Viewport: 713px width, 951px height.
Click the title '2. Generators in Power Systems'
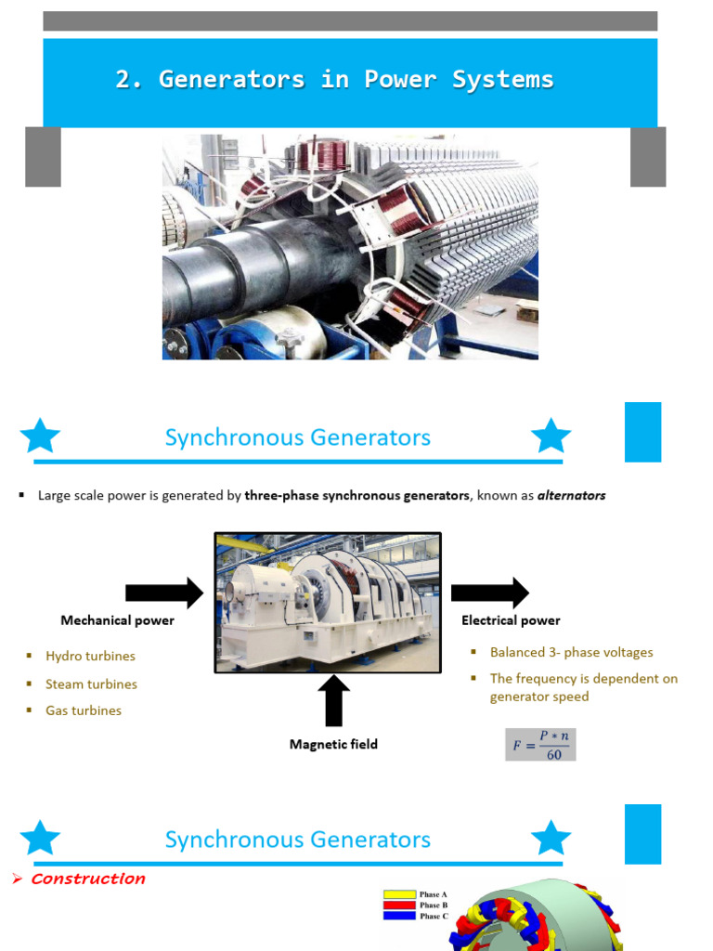click(x=334, y=80)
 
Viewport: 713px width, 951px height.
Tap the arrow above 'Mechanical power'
click(x=163, y=593)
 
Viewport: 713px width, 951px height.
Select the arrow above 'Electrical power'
click(x=489, y=593)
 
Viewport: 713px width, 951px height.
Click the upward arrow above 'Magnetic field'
click(x=333, y=700)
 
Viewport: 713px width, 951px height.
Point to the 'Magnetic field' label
click(x=333, y=744)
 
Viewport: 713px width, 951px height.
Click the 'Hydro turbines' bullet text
click(x=90, y=657)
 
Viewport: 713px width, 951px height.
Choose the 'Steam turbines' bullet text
click(x=91, y=684)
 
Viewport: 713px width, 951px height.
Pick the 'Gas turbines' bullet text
click(x=84, y=710)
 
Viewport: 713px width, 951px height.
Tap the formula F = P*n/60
click(x=540, y=744)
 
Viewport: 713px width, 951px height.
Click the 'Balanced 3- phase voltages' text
click(x=571, y=653)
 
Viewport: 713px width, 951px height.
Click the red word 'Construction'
click(x=88, y=879)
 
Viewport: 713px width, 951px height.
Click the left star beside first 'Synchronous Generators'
click(x=40, y=436)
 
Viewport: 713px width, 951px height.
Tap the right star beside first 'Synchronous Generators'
click(x=551, y=436)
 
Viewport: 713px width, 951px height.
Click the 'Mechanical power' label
click(x=117, y=620)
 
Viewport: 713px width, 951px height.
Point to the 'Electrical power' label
click(x=511, y=620)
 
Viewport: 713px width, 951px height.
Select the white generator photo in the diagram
click(x=328, y=602)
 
